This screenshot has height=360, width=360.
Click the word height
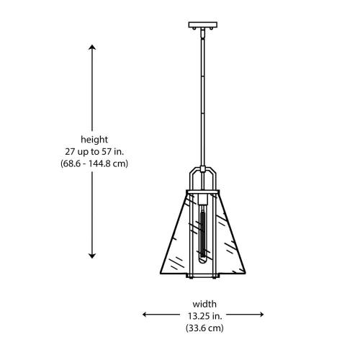point(94,140)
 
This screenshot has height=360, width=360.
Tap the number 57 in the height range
point(107,152)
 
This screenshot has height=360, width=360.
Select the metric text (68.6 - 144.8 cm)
point(94,163)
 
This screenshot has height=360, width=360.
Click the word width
point(204,304)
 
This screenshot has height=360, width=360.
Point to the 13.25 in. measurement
point(204,316)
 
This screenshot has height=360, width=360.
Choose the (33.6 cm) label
point(204,328)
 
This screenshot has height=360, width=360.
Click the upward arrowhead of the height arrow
point(92,47)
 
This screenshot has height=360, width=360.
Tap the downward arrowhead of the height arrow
point(92,256)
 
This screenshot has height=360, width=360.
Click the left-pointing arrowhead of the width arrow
point(145,314)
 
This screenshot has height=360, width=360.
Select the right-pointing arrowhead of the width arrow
point(261,314)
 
